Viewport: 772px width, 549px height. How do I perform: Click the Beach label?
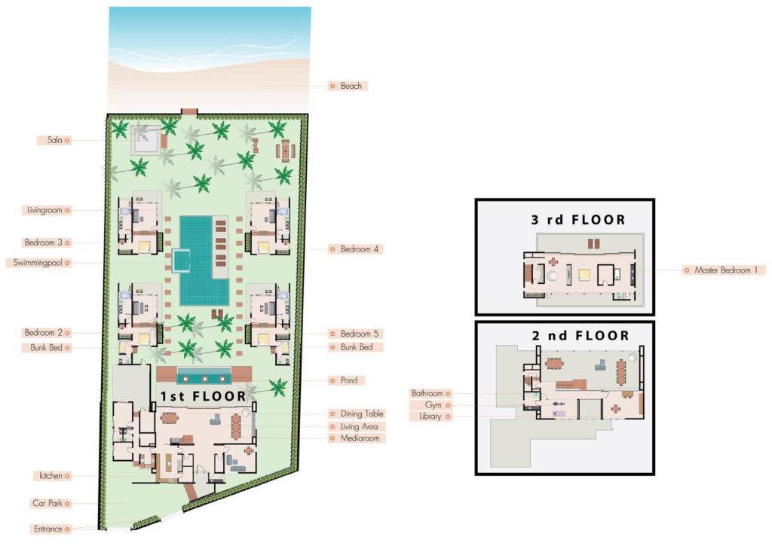tap(351, 86)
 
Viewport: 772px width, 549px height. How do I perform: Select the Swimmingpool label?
tap(38, 263)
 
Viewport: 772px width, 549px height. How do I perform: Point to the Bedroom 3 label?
tap(44, 242)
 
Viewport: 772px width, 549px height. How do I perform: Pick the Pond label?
tap(348, 380)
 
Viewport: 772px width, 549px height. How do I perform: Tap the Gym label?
tap(433, 405)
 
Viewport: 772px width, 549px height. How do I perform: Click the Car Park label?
tap(47, 503)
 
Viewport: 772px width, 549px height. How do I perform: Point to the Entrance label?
tap(48, 529)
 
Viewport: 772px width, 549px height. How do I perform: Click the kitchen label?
tap(51, 476)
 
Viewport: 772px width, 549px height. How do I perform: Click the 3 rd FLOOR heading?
tap(577, 220)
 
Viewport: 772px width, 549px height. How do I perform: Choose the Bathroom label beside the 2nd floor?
tap(427, 393)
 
